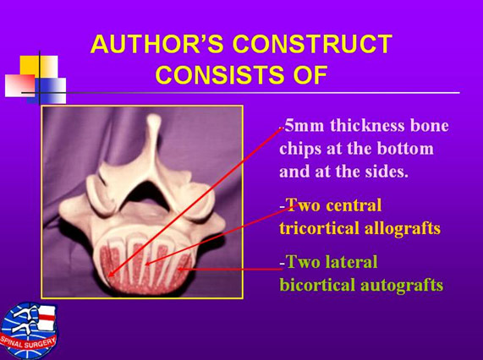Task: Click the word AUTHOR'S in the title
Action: coord(157,43)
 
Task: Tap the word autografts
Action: coord(402,286)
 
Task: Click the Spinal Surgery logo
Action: coord(29,330)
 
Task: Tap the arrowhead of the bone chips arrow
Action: coord(111,274)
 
